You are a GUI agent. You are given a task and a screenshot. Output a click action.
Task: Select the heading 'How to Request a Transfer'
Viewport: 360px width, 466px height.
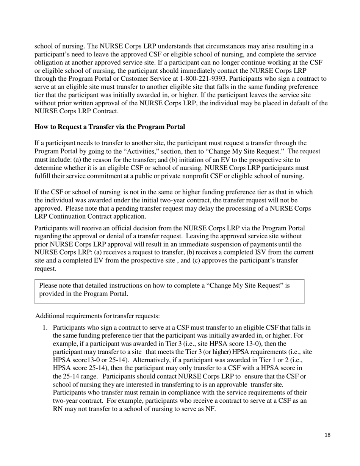point(110,127)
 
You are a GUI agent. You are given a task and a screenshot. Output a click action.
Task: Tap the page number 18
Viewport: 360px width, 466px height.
point(327,435)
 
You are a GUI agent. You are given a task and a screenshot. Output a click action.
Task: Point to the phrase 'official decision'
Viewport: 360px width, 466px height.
point(121,228)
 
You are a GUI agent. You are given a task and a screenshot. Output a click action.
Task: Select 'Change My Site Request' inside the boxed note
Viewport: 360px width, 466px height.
point(242,286)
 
